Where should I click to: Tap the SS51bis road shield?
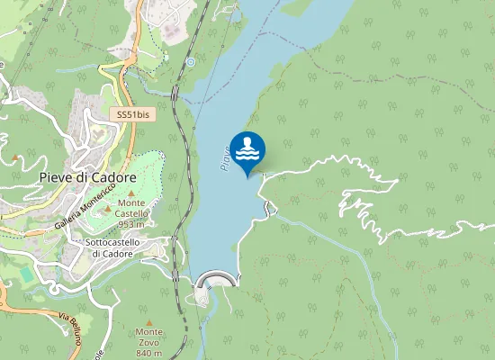pos(132,115)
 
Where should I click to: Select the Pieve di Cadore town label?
pos(88,177)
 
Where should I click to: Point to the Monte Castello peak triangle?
pos(131,193)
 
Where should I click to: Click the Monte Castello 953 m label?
pos(131,213)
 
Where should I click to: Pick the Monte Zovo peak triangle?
pos(149,322)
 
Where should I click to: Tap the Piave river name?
pos(226,159)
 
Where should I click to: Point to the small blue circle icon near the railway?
pos(191,63)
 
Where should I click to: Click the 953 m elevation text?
pos(131,224)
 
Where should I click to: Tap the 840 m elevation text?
pos(149,353)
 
